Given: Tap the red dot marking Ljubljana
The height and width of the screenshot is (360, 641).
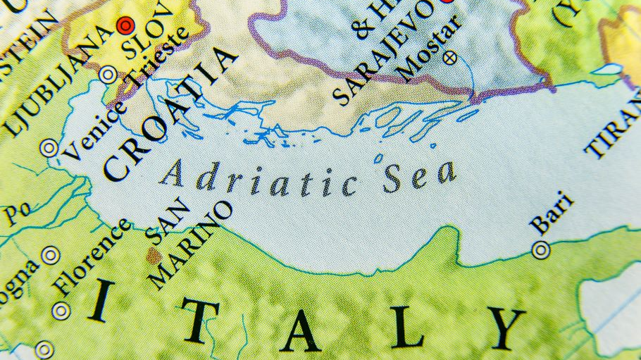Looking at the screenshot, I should [126, 26].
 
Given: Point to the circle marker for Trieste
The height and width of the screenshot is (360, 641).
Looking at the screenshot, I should [108, 74].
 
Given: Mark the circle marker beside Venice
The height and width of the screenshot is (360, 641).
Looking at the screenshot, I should [49, 148].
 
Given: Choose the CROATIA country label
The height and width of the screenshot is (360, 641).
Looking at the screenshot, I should [170, 113].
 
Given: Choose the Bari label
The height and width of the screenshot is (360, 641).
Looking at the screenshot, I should [552, 213].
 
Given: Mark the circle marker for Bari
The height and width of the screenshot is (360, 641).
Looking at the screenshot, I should [541, 249].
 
